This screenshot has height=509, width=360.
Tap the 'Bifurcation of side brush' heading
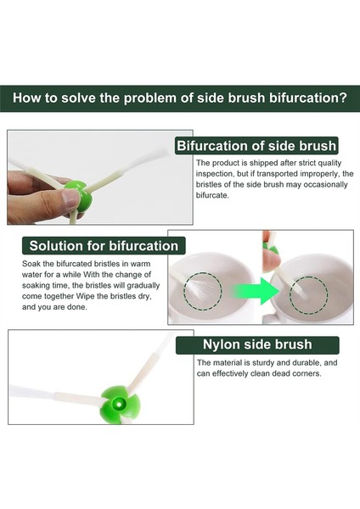(256, 146)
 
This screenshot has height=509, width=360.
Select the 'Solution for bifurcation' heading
(104, 246)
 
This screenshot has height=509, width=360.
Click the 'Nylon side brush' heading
(257, 344)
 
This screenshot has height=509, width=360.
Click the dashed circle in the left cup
(203, 291)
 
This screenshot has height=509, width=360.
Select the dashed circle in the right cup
(309, 295)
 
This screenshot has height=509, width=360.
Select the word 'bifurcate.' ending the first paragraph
(212, 195)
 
